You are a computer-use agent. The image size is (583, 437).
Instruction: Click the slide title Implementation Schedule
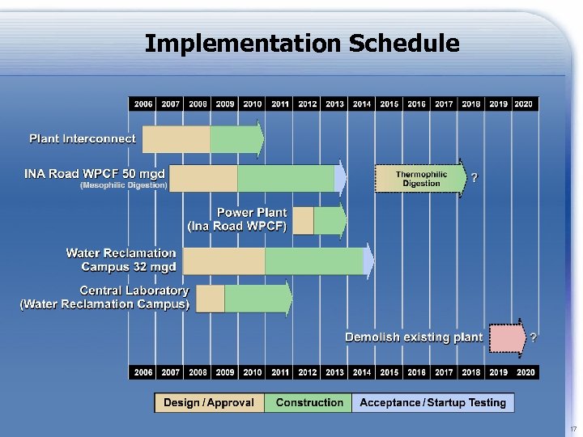301,43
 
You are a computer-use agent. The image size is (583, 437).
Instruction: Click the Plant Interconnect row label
83,138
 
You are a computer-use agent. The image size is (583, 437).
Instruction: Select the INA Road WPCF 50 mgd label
95,173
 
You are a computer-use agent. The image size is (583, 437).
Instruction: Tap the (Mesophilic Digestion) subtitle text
123,185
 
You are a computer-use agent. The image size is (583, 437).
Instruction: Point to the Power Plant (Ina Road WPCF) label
237,219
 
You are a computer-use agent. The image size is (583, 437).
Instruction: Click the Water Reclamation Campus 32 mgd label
121,260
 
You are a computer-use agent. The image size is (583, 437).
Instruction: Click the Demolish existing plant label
414,337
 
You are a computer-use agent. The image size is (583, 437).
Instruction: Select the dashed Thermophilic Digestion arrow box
420,178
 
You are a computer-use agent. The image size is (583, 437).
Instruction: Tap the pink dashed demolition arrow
508,337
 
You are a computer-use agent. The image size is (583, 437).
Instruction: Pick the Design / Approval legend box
209,402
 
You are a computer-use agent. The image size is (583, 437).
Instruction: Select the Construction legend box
309,402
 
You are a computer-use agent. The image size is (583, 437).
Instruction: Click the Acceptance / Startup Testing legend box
432,402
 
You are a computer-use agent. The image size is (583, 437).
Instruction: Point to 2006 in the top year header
143,104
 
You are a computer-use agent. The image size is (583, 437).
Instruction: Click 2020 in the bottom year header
524,371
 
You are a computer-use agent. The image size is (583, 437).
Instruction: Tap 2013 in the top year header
334,104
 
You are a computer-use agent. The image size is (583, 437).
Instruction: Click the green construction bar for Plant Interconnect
235,139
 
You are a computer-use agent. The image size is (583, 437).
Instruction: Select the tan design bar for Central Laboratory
211,299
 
